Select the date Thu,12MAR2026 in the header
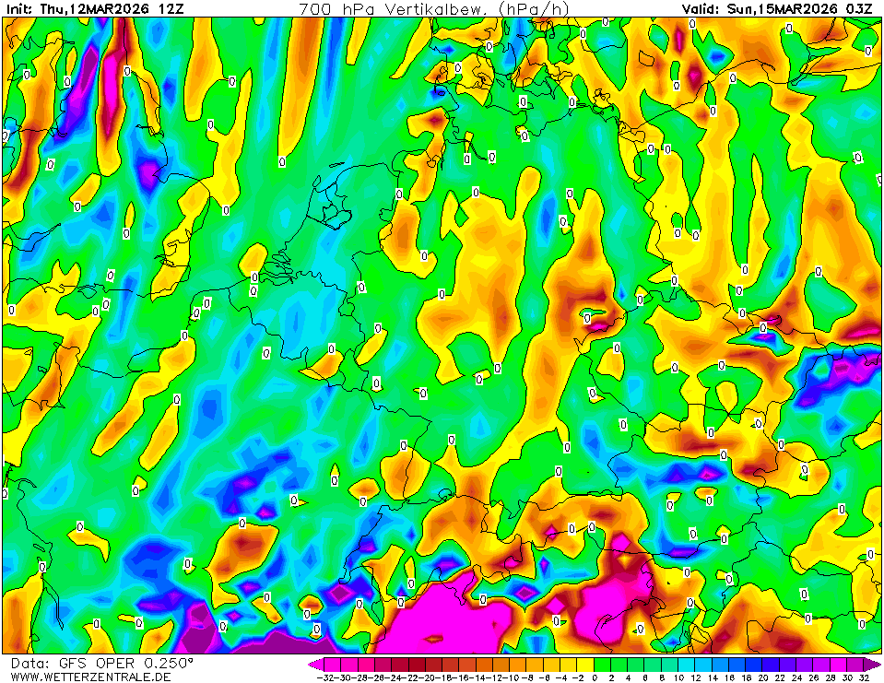pyautogui.click(x=95, y=9)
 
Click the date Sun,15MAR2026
pyautogui.click(x=782, y=9)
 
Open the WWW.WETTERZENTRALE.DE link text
pyautogui.click(x=90, y=677)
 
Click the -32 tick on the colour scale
pyautogui.click(x=324, y=677)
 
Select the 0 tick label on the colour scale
pyautogui.click(x=595, y=677)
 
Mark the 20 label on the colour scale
pyautogui.click(x=761, y=677)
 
